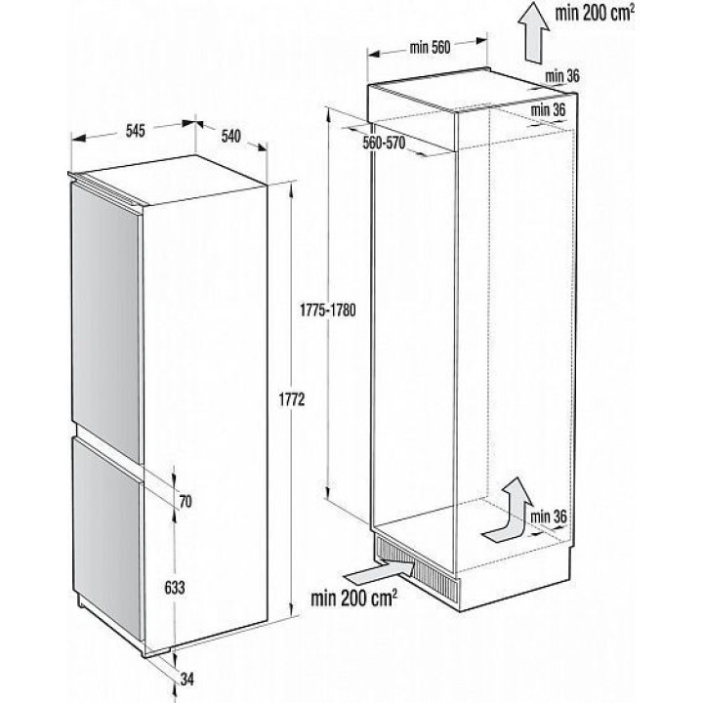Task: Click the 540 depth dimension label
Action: pos(231,136)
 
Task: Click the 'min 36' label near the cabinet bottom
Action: pos(549,516)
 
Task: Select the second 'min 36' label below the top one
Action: pos(551,110)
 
